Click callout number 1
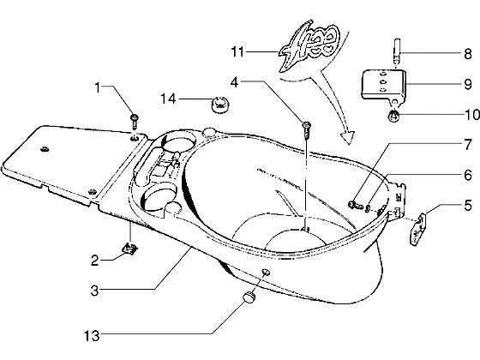98,87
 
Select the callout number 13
92,336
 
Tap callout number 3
95,291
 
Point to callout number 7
468,145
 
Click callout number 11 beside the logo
238,51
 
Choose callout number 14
169,99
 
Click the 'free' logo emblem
309,46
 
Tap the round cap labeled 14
219,105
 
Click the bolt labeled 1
134,122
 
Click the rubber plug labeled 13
249,297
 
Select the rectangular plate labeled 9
384,85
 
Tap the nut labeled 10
394,116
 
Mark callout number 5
468,205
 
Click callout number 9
468,84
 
